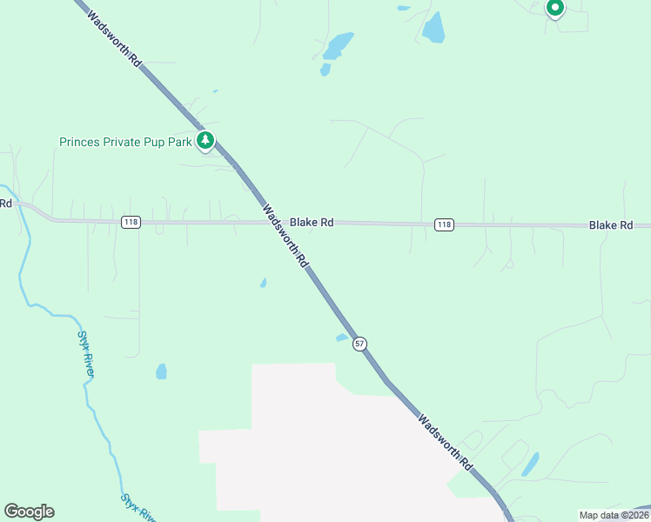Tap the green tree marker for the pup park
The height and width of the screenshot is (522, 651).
pos(205,140)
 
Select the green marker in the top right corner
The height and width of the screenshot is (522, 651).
pos(554,9)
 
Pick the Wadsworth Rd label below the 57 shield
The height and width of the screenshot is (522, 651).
pos(444,442)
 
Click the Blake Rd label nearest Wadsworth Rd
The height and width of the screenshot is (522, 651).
pos(312,223)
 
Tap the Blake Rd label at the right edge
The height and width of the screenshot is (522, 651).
pos(611,225)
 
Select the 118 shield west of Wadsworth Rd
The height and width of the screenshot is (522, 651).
pos(131,223)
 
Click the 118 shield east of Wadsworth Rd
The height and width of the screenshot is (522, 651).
pos(444,225)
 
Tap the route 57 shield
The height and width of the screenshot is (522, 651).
pos(359,345)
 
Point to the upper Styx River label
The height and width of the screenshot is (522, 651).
pos(85,353)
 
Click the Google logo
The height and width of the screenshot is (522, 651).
pos(29,512)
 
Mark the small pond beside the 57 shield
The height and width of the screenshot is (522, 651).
pos(342,338)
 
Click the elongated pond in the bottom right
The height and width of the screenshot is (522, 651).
pos(529,465)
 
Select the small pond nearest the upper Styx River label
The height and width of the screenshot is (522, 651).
pos(161,371)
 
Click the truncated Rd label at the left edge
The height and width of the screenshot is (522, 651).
pos(5,204)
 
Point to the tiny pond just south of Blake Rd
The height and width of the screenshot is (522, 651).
pos(263,283)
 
